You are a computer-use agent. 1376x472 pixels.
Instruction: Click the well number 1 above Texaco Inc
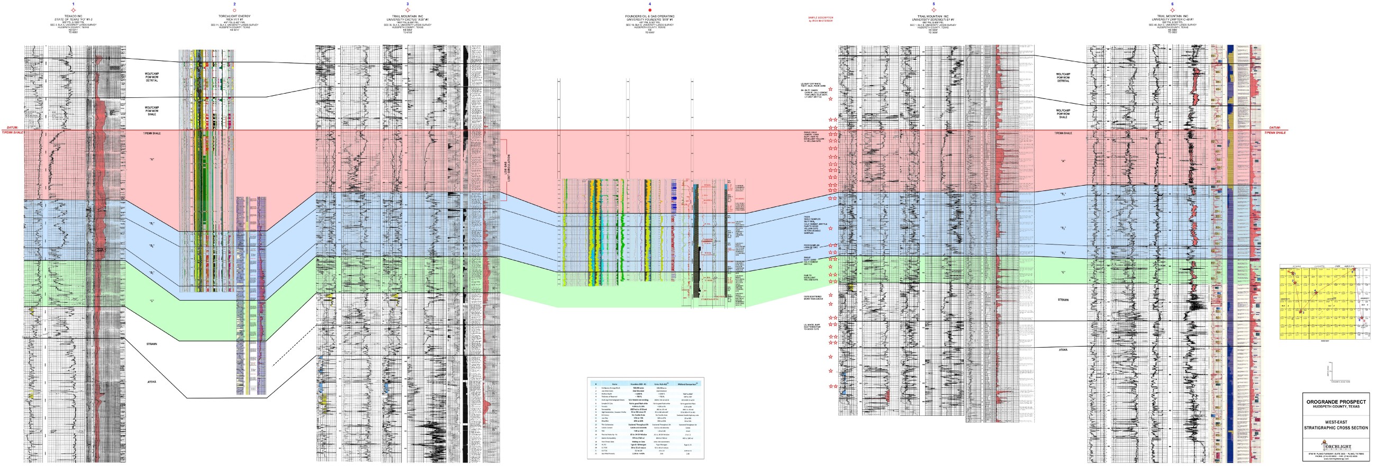pyautogui.click(x=74, y=4)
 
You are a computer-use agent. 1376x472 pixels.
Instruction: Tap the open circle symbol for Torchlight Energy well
pyautogui.click(x=234, y=10)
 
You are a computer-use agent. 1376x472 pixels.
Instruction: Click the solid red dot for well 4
pyautogui.click(x=650, y=10)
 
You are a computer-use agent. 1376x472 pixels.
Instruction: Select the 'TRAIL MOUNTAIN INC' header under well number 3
pyautogui.click(x=408, y=16)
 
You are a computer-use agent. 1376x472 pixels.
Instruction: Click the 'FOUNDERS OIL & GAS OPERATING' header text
pyautogui.click(x=650, y=16)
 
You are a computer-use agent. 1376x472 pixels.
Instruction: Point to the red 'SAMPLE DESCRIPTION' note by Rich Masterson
pyautogui.click(x=820, y=19)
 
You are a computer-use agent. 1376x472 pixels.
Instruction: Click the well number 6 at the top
pyautogui.click(x=1172, y=4)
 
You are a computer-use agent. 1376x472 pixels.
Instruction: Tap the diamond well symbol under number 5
pyautogui.click(x=934, y=10)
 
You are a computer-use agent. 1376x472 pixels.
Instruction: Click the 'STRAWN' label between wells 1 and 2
pyautogui.click(x=152, y=344)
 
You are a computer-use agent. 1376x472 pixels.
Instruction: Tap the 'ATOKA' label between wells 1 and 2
pyautogui.click(x=152, y=382)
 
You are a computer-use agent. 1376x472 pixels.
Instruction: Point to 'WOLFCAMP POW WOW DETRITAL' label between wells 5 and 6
pyautogui.click(x=1063, y=77)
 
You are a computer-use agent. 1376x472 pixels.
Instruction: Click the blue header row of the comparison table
pyautogui.click(x=645, y=383)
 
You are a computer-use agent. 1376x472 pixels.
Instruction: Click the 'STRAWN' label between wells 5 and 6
pyautogui.click(x=1063, y=299)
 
